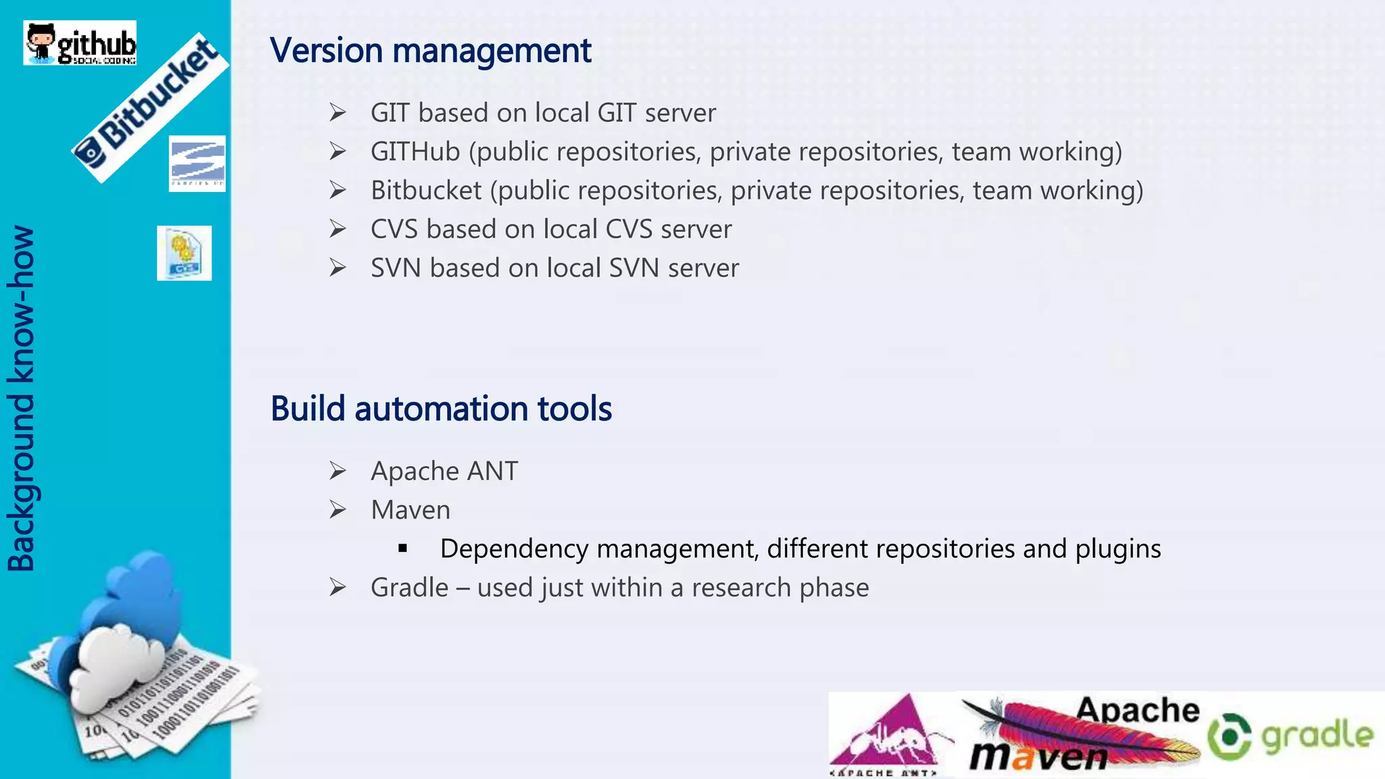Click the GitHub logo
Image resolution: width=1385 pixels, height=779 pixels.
(80, 43)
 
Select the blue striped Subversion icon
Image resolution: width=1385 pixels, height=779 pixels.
(197, 164)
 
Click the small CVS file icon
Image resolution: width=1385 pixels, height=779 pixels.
(184, 253)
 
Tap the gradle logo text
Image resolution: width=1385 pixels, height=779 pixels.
(1317, 736)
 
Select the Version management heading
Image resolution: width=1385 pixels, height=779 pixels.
(430, 51)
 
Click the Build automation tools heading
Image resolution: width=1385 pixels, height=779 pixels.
(441, 409)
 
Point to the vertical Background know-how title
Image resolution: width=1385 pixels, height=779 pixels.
(22, 399)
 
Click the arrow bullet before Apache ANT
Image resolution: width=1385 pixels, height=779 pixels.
(338, 471)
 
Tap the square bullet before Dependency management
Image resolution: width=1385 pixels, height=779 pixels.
(403, 548)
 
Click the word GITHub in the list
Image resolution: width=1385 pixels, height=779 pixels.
(415, 151)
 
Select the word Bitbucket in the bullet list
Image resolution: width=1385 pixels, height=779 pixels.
(426, 191)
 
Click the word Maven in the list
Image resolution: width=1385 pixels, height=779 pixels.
(410, 510)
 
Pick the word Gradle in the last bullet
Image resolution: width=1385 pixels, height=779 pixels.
(409, 588)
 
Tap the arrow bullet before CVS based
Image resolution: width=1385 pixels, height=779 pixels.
(338, 229)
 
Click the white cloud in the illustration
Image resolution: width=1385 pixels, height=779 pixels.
(115, 663)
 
